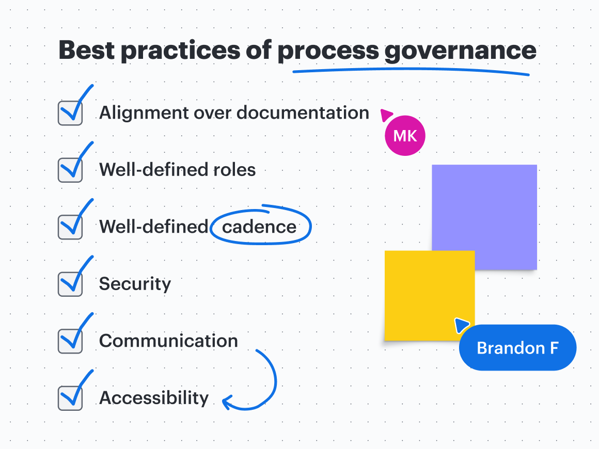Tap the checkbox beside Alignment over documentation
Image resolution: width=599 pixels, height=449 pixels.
point(70,113)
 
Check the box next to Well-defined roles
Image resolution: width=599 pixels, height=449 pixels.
point(70,170)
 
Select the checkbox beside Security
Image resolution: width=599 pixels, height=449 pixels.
point(70,284)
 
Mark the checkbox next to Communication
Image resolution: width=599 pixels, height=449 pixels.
point(70,341)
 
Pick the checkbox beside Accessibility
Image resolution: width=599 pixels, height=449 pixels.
point(70,398)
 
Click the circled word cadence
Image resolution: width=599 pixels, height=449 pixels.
point(259,227)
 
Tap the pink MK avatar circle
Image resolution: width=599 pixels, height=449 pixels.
point(405,136)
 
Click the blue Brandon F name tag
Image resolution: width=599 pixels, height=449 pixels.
point(517,347)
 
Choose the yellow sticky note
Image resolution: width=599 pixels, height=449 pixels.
point(423,294)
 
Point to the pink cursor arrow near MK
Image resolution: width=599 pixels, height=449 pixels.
point(386,114)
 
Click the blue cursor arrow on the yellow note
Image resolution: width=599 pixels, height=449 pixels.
point(461,325)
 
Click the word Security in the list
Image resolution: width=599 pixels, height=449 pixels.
point(135,284)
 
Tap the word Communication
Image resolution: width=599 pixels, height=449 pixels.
point(168,341)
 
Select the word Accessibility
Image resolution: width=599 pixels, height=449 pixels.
point(154,398)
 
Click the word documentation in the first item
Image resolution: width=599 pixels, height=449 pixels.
point(303,113)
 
